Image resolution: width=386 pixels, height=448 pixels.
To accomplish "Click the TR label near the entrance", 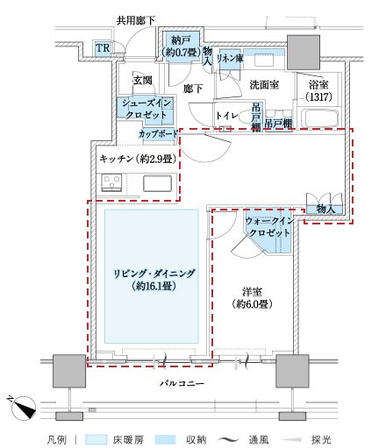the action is (103, 48).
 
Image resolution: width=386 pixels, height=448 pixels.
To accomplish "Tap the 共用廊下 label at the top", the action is (135, 21).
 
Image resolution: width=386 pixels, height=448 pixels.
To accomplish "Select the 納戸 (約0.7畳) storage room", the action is (182, 46).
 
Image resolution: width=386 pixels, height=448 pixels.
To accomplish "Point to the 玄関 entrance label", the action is (143, 81).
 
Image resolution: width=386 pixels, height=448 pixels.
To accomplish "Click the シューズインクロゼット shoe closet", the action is (146, 108).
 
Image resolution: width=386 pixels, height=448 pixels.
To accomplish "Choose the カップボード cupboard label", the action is (158, 134).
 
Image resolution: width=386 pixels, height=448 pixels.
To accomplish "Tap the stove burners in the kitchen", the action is (111, 182).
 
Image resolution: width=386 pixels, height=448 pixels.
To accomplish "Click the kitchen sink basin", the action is (157, 183).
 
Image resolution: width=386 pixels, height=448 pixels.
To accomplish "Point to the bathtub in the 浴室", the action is (319, 118).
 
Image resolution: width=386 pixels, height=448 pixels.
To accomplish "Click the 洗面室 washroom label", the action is (264, 85).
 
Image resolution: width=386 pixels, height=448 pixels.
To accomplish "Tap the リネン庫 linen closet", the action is (230, 59).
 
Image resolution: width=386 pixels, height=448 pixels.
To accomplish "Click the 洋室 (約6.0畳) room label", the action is (252, 298).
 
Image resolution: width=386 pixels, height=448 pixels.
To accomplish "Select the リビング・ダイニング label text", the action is (154, 274).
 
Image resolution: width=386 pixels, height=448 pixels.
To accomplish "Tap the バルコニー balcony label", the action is (182, 383).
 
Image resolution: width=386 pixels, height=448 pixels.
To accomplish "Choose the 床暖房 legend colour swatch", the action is (96, 439).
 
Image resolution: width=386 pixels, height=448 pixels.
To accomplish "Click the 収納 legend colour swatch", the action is (166, 439).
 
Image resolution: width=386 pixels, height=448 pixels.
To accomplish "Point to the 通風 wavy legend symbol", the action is (228, 439).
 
